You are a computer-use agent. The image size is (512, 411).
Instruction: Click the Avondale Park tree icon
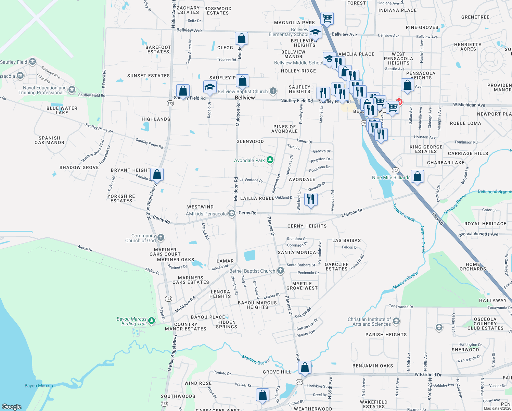point(270,160)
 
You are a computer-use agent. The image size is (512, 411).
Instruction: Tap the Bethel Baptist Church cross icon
point(281,271)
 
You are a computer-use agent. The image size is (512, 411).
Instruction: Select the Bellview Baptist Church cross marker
point(273,91)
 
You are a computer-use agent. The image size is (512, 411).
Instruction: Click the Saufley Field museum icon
point(33,62)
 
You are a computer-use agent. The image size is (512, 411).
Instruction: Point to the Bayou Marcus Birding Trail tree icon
point(152,321)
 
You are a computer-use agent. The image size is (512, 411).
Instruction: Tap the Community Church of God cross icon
point(161,238)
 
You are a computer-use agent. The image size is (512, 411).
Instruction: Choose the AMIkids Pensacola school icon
point(232,214)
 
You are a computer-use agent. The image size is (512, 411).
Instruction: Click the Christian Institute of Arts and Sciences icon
point(396,321)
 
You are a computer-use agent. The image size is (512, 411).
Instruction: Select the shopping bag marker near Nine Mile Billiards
point(418,177)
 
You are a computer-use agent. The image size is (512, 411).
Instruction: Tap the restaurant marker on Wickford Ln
point(310,199)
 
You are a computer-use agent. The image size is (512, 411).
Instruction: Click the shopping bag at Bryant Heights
point(157,174)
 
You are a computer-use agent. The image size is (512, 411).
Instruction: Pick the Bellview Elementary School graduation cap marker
point(315,33)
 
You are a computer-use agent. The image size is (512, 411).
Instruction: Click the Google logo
point(12,407)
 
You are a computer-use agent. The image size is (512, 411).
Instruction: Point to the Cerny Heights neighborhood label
point(307,226)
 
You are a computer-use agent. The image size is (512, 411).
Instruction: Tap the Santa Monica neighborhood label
point(297,252)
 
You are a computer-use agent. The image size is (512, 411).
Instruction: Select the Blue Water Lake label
point(62,110)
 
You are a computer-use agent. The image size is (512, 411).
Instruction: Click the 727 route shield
point(299,382)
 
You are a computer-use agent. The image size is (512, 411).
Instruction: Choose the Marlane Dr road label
point(352,213)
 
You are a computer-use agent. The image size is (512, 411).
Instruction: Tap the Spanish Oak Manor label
point(50,140)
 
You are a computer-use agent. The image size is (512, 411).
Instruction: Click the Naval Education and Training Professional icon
point(72,90)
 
